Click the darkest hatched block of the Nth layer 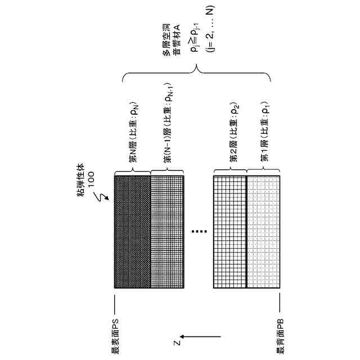pos(132,232)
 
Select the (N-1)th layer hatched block pos(168,232)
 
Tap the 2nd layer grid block pos(230,232)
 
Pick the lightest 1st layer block pos(263,232)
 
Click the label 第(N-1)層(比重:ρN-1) pos(168,125)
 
